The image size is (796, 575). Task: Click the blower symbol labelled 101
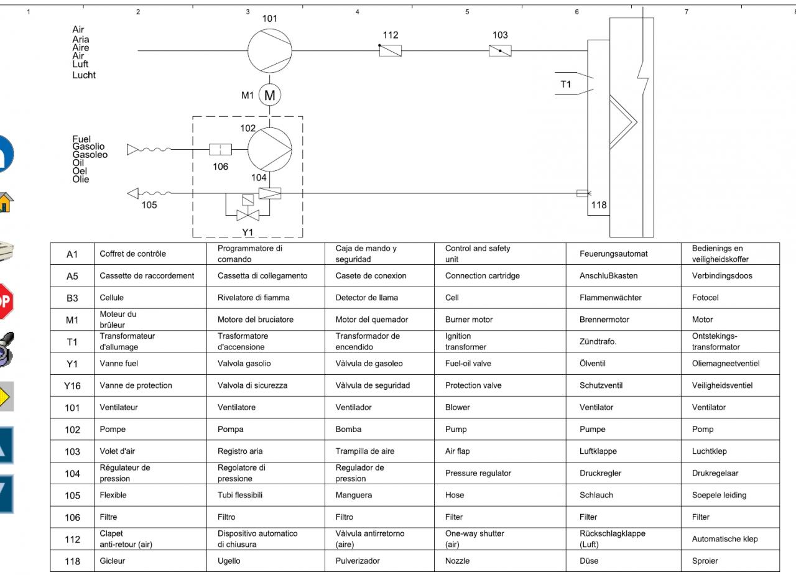click(269, 51)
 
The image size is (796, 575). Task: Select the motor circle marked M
click(269, 95)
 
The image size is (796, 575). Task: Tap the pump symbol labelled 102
click(269, 149)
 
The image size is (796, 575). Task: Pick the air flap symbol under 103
click(500, 51)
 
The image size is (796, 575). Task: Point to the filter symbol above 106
click(220, 149)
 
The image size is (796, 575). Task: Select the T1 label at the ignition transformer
click(565, 85)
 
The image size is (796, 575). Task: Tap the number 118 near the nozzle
click(598, 205)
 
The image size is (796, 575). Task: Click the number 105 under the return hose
click(149, 206)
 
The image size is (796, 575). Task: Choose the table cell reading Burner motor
click(469, 320)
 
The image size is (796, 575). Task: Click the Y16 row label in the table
click(72, 385)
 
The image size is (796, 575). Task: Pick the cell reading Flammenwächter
click(610, 298)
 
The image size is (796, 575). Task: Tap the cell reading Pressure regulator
click(478, 473)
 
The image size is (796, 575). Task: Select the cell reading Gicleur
click(113, 561)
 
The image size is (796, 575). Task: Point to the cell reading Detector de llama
click(366, 298)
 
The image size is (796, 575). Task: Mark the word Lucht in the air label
click(84, 75)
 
